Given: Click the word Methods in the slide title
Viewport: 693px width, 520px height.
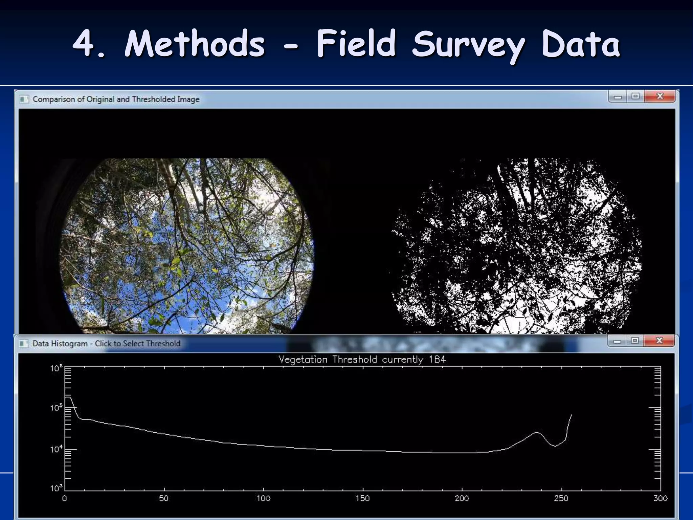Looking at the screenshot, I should pos(195,44).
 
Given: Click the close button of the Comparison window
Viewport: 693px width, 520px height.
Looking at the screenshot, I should pos(660,96).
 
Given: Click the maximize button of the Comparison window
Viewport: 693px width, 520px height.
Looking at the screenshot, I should pos(635,96).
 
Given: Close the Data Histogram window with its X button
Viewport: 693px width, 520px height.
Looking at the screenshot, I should pos(659,340).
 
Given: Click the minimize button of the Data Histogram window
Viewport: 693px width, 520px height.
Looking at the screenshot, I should pos(617,341).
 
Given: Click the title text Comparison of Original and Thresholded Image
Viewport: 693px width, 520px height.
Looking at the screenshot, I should pos(116,99).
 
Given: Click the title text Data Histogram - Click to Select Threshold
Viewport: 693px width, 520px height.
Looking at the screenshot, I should pos(106,343).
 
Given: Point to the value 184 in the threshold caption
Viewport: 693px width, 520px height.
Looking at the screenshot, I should pos(437,359).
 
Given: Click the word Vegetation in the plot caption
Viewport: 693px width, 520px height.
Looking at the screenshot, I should pos(303,360).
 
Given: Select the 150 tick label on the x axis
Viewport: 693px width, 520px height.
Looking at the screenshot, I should pos(362,498).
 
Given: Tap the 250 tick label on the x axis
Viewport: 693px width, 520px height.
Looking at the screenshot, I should pos(561,498).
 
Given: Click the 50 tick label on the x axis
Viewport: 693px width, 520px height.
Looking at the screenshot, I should pos(164,498).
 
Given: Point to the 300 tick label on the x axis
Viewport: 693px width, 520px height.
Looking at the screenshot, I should pos(660,498).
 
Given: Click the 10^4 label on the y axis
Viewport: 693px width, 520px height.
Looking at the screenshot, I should pos(57,450).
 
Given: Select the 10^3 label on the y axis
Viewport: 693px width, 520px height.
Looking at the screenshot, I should pos(57,488).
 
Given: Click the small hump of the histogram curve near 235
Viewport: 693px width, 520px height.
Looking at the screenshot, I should pos(537,432).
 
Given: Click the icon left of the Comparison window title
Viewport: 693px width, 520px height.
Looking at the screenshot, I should pos(24,99).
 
